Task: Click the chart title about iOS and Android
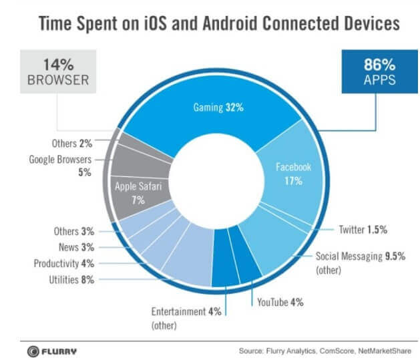click(x=209, y=25)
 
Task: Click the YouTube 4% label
click(x=280, y=302)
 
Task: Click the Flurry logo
click(x=51, y=349)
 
